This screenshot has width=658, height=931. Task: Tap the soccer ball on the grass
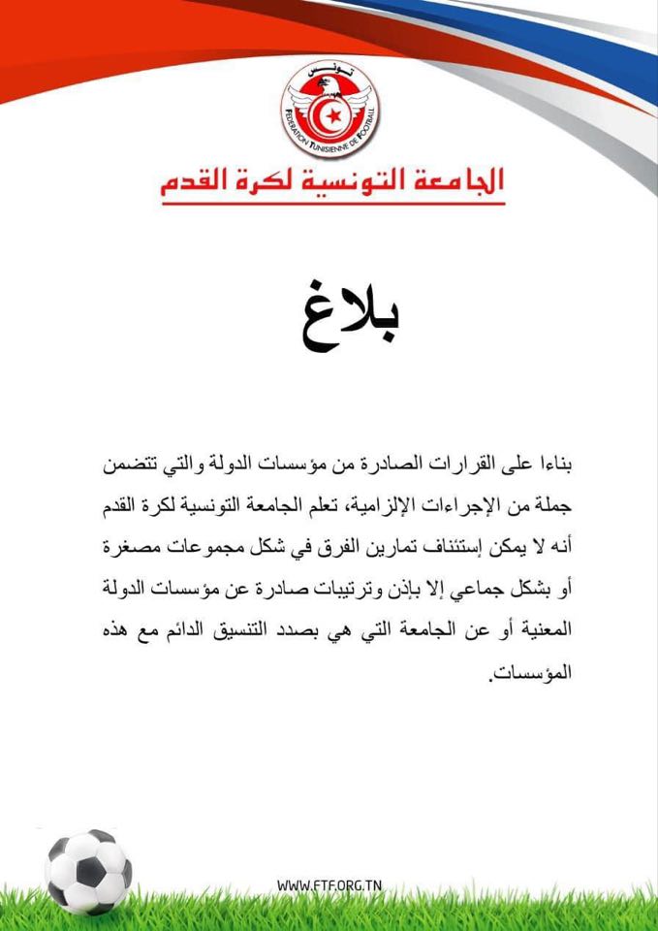click(88, 870)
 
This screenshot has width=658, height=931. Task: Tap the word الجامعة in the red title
click(454, 181)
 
